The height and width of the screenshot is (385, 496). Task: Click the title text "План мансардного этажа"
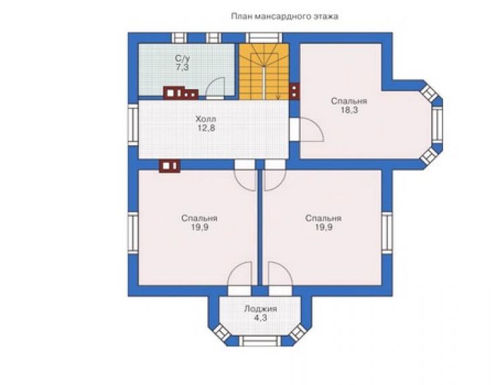pyautogui.click(x=285, y=17)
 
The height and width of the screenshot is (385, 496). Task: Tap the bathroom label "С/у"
pyautogui.click(x=182, y=58)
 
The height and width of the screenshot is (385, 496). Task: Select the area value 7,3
pyautogui.click(x=183, y=67)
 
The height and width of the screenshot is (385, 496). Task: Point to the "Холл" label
pyautogui.click(x=206, y=119)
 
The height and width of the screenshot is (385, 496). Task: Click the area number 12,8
pyautogui.click(x=206, y=128)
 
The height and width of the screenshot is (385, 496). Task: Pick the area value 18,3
pyautogui.click(x=349, y=110)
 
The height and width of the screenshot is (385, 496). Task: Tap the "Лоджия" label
pyautogui.click(x=260, y=309)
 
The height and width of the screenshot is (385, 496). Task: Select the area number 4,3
pyautogui.click(x=260, y=317)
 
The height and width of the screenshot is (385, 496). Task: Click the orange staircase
pyautogui.click(x=264, y=72)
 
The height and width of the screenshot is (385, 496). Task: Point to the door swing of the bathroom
pyautogui.click(x=215, y=88)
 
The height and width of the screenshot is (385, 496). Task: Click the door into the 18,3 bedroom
pyautogui.click(x=306, y=129)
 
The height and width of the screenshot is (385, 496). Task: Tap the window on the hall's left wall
pyautogui.click(x=133, y=125)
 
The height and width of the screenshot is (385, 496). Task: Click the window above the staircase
pyautogui.click(x=263, y=37)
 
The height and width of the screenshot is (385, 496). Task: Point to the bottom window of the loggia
pyautogui.click(x=259, y=341)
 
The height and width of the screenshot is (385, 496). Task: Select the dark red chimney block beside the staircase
pyautogui.click(x=294, y=91)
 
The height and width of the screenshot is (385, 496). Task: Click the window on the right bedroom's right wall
pyautogui.click(x=387, y=233)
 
